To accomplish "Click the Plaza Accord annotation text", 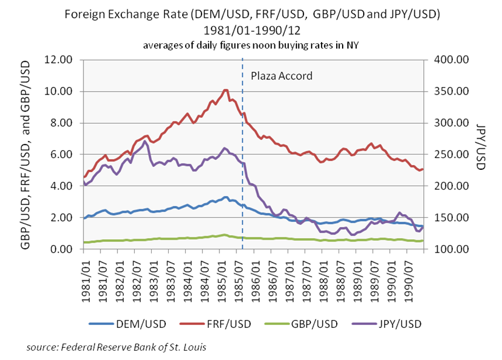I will pyautogui.click(x=281, y=75).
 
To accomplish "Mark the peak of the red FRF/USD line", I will pyautogui.click(x=226, y=90).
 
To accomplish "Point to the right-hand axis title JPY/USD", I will pyautogui.click(x=480, y=154).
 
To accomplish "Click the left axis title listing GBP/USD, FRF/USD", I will pyautogui.click(x=26, y=154).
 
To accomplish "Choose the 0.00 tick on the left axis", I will pyautogui.click(x=62, y=249).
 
